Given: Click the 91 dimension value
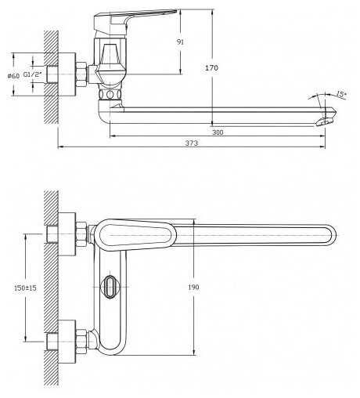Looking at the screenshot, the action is pyautogui.click(x=180, y=42).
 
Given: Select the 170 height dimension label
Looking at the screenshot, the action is pyautogui.click(x=211, y=68).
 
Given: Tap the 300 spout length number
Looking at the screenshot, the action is pyautogui.click(x=218, y=132).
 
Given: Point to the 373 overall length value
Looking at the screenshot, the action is pyautogui.click(x=192, y=143).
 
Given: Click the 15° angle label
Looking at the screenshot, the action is pyautogui.click(x=340, y=94).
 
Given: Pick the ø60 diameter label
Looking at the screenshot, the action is pyautogui.click(x=13, y=76).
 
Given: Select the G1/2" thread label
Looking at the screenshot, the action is pyautogui.click(x=33, y=74).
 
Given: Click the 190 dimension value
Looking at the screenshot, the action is pyautogui.click(x=193, y=287).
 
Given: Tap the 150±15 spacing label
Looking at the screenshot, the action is pyautogui.click(x=25, y=288).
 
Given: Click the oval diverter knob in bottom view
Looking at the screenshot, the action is pyautogui.click(x=110, y=287).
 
